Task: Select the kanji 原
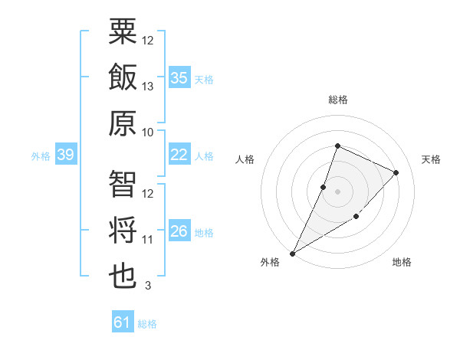click(x=123, y=123)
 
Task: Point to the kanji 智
click(x=123, y=185)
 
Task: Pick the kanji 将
click(x=123, y=231)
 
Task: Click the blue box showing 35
click(x=179, y=77)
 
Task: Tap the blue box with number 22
click(x=179, y=155)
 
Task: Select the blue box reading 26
click(x=179, y=231)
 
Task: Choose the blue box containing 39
click(x=65, y=155)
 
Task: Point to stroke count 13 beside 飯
click(x=148, y=87)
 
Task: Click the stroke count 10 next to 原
click(x=148, y=132)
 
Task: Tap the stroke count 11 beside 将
click(x=148, y=240)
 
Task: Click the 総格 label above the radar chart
click(x=337, y=100)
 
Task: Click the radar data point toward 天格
click(x=396, y=172)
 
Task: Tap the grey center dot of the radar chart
click(x=337, y=191)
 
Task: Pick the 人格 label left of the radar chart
click(x=245, y=159)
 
